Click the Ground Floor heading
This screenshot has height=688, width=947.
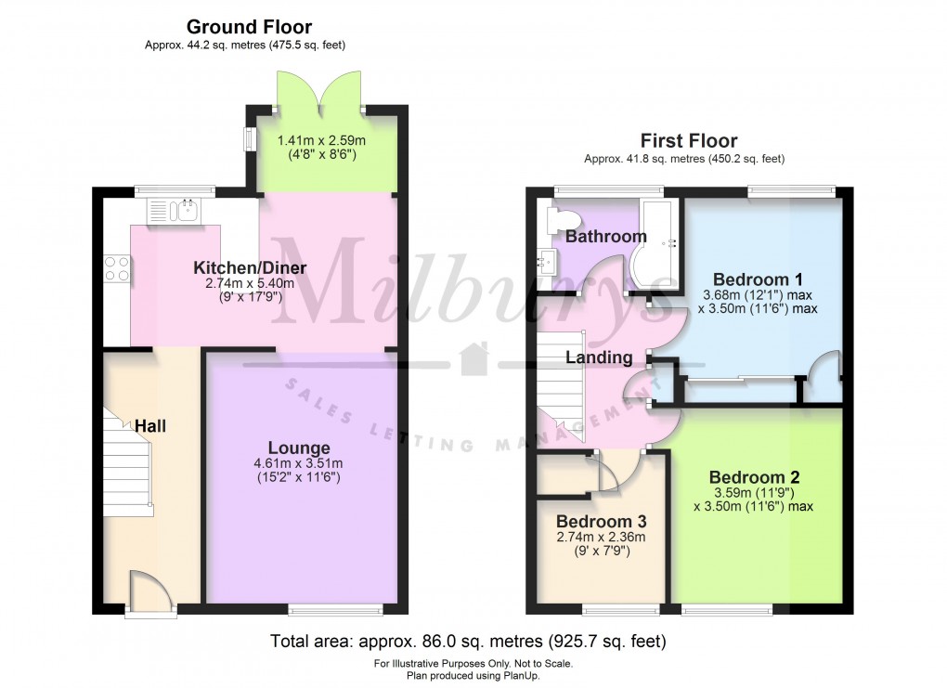pos(249,27)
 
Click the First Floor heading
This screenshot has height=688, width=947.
pos(689,141)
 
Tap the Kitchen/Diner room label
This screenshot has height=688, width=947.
pos(249,268)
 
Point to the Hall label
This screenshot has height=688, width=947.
pos(151,426)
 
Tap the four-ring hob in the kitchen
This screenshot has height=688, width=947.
pos(117,268)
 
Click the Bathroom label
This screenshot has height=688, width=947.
pos(605,237)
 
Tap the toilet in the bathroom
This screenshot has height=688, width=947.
pos(563,219)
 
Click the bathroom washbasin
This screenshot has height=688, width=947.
pos(546,263)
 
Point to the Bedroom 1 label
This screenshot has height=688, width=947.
pos(757,279)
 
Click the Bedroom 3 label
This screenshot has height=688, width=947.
pos(601,522)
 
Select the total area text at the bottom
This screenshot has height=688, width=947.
pos(468,641)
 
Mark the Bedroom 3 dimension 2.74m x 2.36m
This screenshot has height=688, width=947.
pos(601,538)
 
